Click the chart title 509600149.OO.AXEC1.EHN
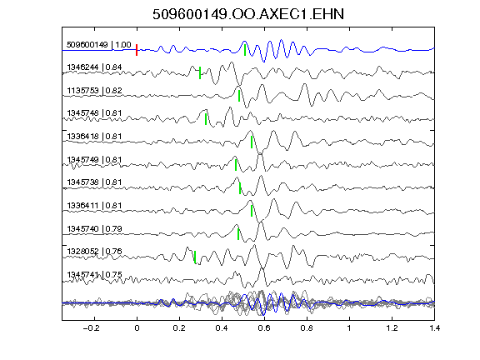click(248, 14)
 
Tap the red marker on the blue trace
click(137, 50)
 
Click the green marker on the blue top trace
click(245, 50)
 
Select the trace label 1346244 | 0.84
click(94, 67)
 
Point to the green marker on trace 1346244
click(200, 72)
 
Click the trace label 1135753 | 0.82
click(94, 91)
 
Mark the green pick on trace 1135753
click(239, 96)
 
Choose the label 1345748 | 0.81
click(94, 113)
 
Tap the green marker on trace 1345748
click(206, 119)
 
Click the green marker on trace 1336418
click(252, 142)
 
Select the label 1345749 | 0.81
click(94, 160)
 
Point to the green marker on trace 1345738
click(240, 188)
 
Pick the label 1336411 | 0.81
click(94, 205)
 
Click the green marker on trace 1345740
click(238, 234)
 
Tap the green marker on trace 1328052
click(195, 257)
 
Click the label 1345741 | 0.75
click(94, 275)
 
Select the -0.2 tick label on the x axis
click(91, 328)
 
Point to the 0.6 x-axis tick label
click(264, 328)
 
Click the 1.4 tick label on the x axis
click(434, 328)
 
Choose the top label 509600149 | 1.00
click(99, 45)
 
